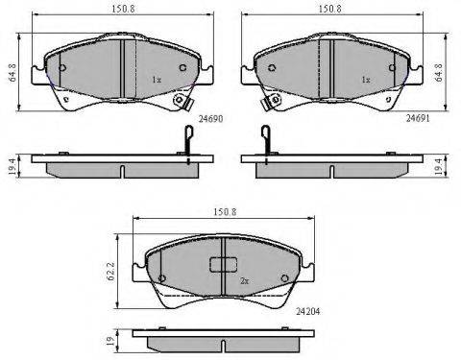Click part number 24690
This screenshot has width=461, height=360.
point(210,119)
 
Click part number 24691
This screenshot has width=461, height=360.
point(418,118)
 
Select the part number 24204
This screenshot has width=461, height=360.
point(307,311)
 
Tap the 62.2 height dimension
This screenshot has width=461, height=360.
point(110,273)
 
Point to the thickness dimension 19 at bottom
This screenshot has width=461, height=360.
point(110,339)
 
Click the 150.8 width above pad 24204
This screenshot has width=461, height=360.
point(225,212)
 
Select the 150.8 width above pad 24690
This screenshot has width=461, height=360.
point(123,9)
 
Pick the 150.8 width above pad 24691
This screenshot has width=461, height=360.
point(330,9)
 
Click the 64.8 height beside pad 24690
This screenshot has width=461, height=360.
point(13,72)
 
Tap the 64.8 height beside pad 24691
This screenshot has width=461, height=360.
point(439,72)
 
